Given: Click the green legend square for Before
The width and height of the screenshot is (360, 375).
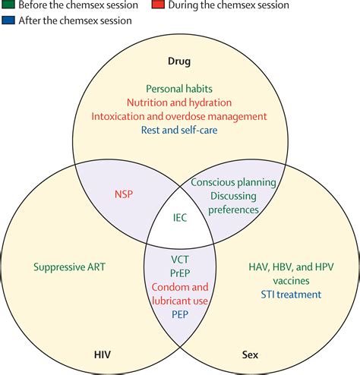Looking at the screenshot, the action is coord(8,5).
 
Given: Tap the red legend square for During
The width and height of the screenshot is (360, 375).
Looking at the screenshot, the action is coord(158,5).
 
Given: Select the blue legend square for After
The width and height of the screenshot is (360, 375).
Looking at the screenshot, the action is coord(8,20).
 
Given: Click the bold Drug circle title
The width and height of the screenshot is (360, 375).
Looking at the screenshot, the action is coord(179,61).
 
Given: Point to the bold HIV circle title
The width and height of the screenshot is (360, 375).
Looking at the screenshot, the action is coord(103,355).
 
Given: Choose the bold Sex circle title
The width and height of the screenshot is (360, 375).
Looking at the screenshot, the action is coord(250,355).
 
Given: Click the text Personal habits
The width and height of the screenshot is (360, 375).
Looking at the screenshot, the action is coord(179,89).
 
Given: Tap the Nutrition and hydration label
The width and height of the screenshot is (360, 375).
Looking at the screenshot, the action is coord(179,102).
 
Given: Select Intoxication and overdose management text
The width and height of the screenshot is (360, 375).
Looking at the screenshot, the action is coord(179,116).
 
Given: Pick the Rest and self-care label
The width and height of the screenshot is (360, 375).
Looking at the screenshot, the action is coord(179,130).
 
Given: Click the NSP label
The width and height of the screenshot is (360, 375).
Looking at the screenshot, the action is coord(124,194).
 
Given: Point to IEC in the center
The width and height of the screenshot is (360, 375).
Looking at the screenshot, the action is coord(180,218).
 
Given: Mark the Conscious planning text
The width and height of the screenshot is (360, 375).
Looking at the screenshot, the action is coord(233,182).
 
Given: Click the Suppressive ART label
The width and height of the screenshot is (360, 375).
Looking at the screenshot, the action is coord(69,267).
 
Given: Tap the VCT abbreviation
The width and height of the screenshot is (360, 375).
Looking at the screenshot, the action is coord(180,260).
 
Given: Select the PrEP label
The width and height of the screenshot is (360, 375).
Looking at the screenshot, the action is coord(180,273).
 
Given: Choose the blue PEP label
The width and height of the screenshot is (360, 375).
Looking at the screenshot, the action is coord(180,314).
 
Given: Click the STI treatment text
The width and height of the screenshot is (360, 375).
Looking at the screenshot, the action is coord(291,295).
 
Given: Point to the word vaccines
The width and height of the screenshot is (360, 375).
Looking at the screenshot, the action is coord(291,281).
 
